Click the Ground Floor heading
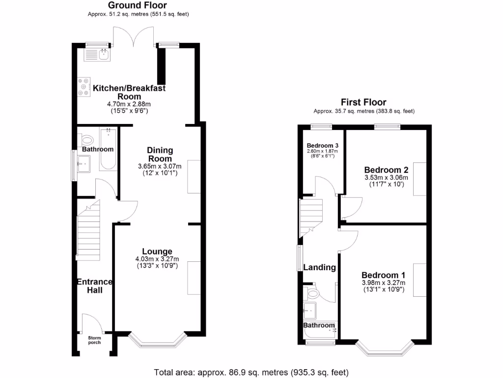click(x=138, y=5)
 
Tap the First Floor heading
click(x=363, y=102)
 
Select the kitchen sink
click(x=104, y=54)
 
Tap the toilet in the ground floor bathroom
click(x=87, y=140)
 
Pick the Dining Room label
click(x=160, y=154)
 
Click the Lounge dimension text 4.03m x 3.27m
click(x=157, y=259)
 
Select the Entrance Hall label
click(x=94, y=286)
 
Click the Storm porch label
click(x=94, y=340)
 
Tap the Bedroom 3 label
click(x=323, y=146)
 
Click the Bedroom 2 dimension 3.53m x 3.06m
click(x=386, y=178)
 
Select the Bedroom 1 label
click(x=383, y=275)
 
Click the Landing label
click(x=319, y=267)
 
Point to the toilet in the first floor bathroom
click(x=311, y=294)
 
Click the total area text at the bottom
click(x=251, y=372)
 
